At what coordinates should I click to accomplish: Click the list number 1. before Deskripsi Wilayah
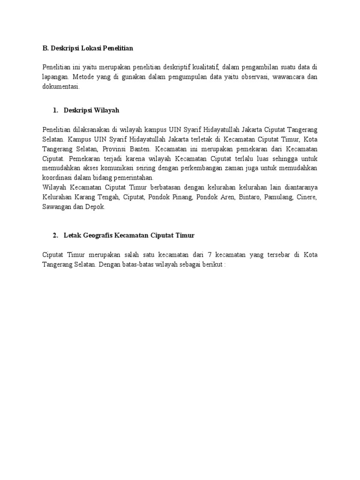(56, 110)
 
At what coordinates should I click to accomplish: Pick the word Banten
(151, 149)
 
